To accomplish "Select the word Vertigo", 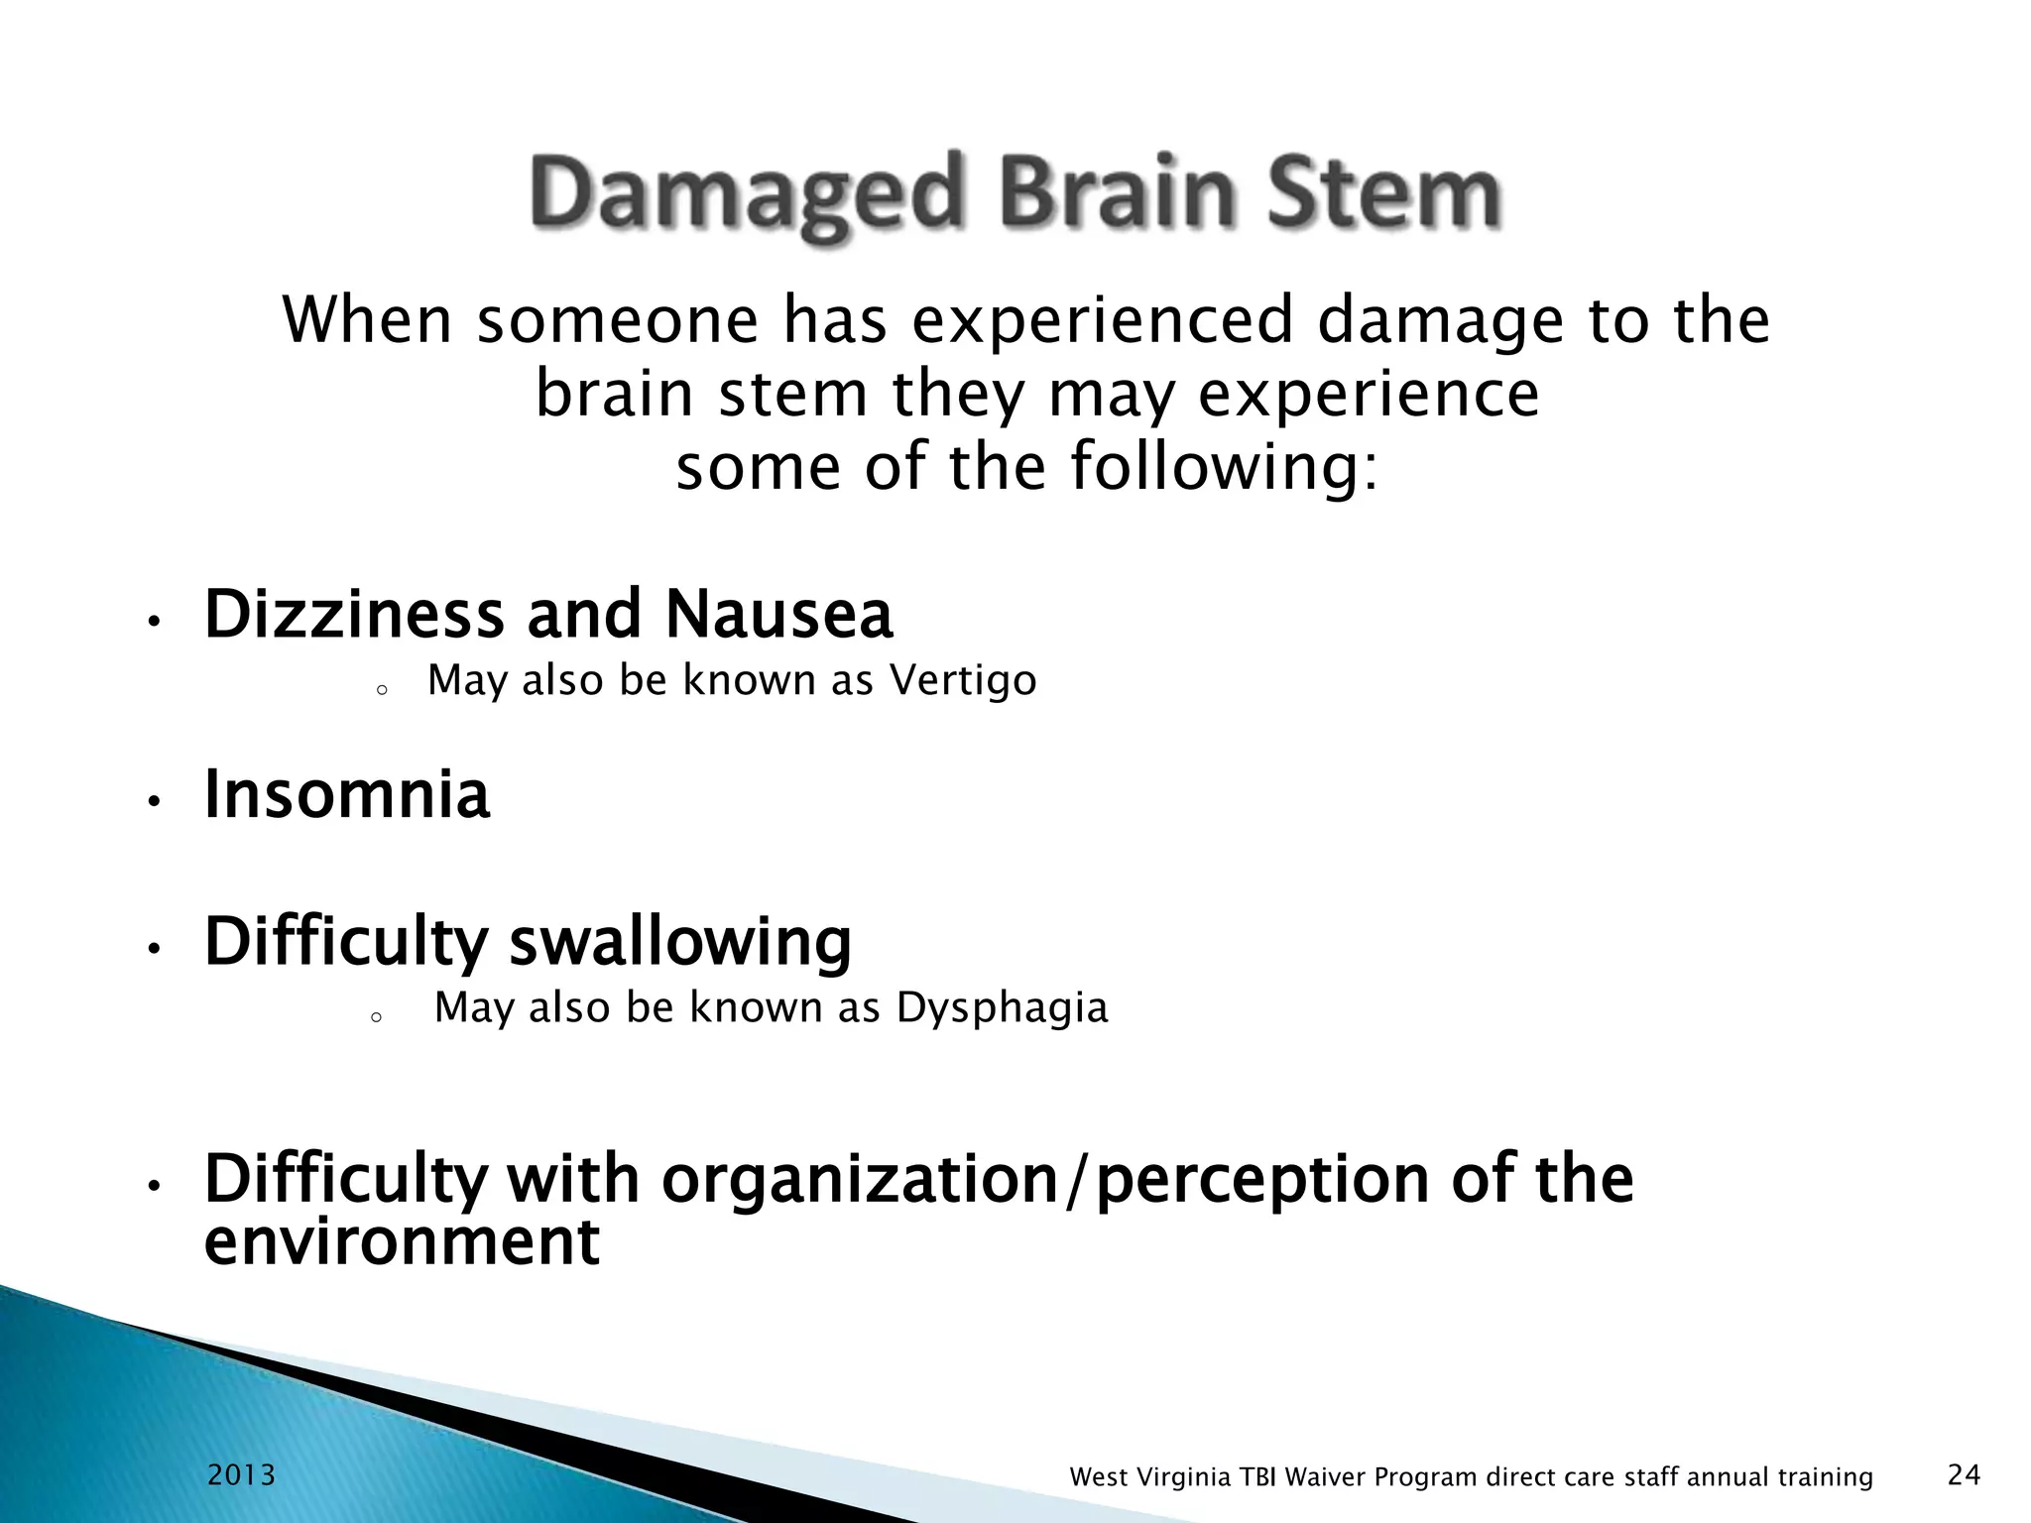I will pyautogui.click(x=963, y=680).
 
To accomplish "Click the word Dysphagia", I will pyautogui.click(x=1002, y=1007).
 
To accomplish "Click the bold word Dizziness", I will pyautogui.click(x=354, y=614).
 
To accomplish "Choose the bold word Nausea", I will pyautogui.click(x=778, y=614).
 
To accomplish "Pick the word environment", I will pyautogui.click(x=402, y=1241).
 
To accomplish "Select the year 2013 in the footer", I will pyautogui.click(x=241, y=1475).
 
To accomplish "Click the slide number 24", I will pyautogui.click(x=1965, y=1475).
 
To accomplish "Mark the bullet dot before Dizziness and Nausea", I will pyautogui.click(x=153, y=623).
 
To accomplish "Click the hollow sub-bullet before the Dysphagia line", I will pyautogui.click(x=376, y=1017).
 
